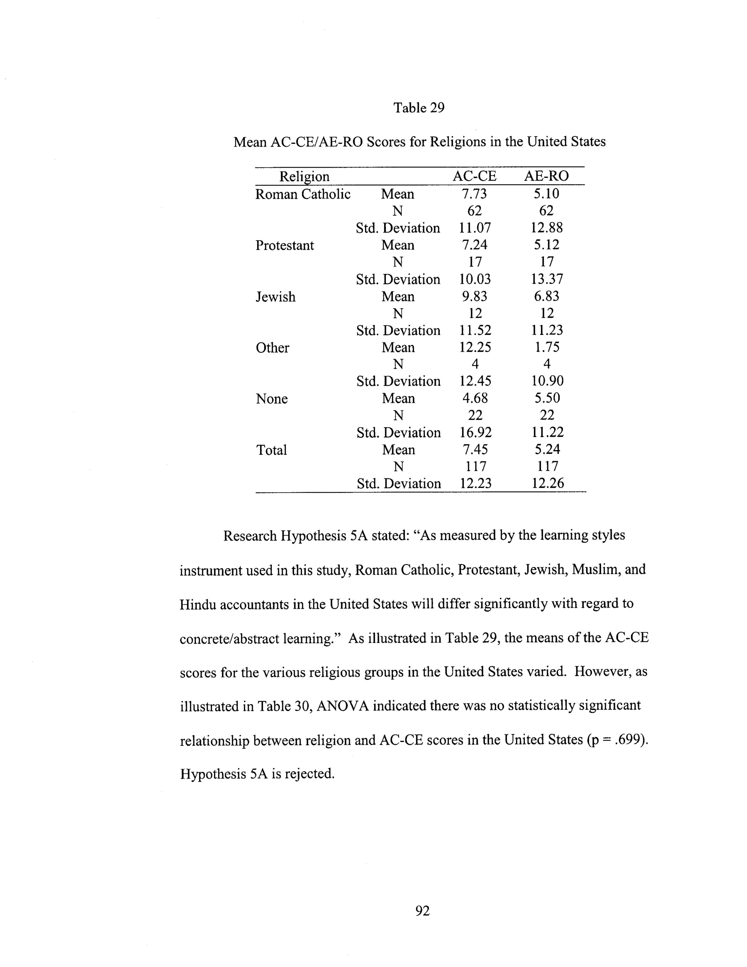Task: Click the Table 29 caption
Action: click(419, 108)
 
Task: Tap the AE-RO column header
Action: click(546, 176)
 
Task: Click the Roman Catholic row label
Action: click(303, 194)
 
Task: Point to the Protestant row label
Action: click(285, 245)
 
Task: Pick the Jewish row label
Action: click(275, 297)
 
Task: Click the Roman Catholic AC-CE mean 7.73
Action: click(475, 194)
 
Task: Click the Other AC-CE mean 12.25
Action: click(475, 347)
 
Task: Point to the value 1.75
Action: click(547, 347)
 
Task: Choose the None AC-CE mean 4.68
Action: click(475, 398)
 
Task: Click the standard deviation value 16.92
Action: click(475, 432)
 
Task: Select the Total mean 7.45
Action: click(475, 450)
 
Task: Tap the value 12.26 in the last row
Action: click(547, 483)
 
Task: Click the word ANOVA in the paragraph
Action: click(343, 705)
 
